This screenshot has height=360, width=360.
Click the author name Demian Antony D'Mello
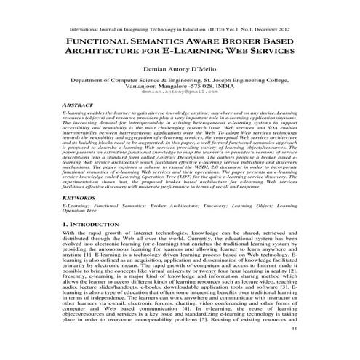180,73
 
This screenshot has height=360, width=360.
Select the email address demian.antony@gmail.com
180,93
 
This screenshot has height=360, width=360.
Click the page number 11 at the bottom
293,350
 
